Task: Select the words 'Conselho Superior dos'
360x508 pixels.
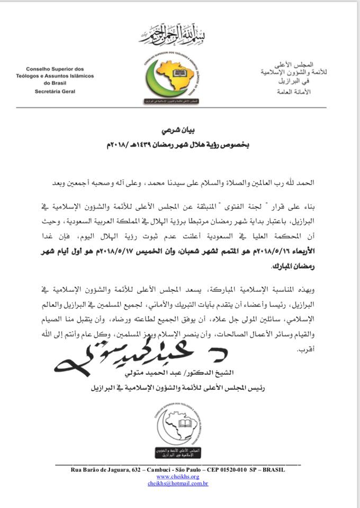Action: [x=55, y=69]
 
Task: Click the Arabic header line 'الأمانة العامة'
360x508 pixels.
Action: [x=299, y=92]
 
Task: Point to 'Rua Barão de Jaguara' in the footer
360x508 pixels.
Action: [x=106, y=469]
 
